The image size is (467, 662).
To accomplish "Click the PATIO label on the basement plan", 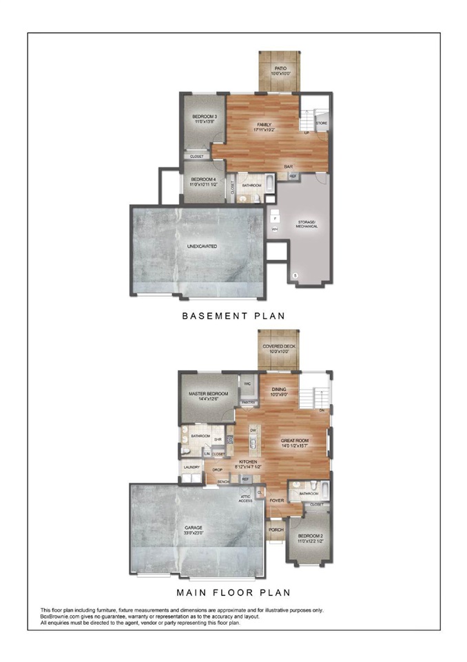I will [280, 69].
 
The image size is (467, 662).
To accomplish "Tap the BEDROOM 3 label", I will [205, 117].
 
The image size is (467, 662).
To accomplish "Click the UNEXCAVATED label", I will [202, 245].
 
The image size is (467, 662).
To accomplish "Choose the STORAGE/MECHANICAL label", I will [307, 224].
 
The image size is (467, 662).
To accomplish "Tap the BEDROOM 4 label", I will [205, 181].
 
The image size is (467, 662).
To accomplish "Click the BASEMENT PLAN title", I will [233, 317].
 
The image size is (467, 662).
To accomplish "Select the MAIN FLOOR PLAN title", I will [233, 592].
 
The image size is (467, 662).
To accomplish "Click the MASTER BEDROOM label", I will [207, 394].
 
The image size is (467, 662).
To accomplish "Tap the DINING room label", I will [278, 390].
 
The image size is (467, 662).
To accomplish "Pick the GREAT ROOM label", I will [295, 441].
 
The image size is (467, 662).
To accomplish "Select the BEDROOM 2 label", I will [309, 538].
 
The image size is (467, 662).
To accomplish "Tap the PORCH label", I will [276, 530].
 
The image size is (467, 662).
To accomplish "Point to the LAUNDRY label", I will [191, 467].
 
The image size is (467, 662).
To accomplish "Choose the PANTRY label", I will [249, 402].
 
